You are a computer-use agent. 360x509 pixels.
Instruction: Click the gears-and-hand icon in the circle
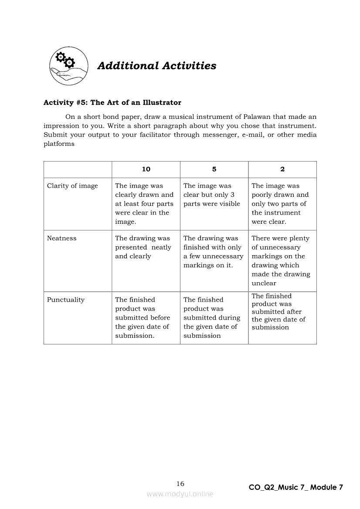[68, 66]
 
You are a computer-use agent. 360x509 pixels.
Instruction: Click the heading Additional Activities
[156, 66]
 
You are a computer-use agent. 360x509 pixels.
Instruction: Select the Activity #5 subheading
[112, 103]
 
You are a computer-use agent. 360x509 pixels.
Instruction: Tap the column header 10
[146, 169]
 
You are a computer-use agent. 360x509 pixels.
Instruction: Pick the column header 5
[214, 169]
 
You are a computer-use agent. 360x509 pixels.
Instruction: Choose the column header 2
[282, 169]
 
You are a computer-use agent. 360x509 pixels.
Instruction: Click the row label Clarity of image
[72, 186]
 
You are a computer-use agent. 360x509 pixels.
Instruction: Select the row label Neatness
[61, 238]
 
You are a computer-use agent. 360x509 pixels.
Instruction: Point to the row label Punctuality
[65, 300]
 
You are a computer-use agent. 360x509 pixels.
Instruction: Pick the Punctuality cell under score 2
[278, 312]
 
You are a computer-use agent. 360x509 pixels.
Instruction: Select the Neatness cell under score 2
[281, 260]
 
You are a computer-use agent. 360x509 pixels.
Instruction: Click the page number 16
[180, 484]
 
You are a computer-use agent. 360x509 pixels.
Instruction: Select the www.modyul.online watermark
[180, 494]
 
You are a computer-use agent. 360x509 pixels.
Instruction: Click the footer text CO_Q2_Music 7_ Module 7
[296, 487]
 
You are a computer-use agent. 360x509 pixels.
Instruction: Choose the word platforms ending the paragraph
[59, 144]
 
